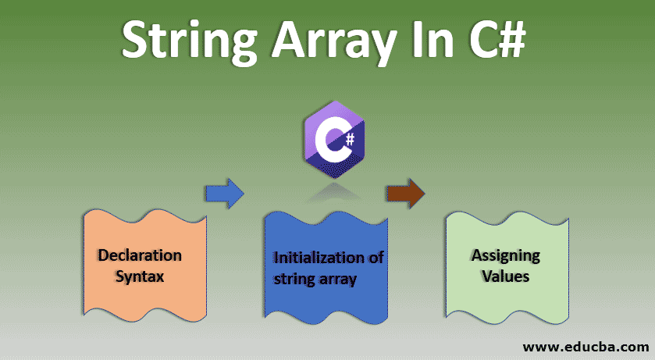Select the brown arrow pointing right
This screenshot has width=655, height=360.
(x=405, y=192)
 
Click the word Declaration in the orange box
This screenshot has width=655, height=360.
(x=140, y=255)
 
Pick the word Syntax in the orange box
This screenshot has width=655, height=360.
(x=140, y=276)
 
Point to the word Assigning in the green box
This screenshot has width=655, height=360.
(x=505, y=256)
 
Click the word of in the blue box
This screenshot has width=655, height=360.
(x=375, y=258)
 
